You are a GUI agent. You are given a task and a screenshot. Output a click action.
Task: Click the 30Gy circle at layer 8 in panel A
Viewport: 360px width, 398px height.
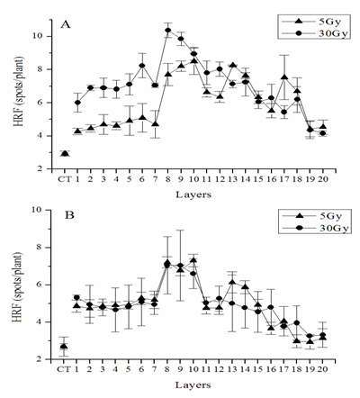click(168, 30)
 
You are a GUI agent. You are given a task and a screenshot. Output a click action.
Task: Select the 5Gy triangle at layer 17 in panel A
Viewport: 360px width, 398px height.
click(284, 77)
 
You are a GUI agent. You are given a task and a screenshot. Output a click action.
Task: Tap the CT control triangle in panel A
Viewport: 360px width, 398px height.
click(65, 154)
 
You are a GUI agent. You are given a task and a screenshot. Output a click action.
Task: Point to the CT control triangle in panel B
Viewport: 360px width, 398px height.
click(64, 347)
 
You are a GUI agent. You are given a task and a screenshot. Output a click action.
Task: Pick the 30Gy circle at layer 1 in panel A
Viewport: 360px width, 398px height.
click(77, 103)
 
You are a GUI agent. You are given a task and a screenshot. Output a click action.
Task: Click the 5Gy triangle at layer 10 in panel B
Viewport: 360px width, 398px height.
click(193, 260)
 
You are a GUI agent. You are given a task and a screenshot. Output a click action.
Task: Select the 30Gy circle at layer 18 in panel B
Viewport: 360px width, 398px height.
click(297, 323)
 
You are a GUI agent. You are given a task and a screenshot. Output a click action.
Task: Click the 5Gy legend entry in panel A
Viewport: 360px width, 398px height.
click(313, 22)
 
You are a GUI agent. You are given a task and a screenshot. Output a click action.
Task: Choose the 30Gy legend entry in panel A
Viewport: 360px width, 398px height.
click(313, 33)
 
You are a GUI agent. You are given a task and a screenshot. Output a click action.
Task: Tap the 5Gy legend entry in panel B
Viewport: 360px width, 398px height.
click(313, 216)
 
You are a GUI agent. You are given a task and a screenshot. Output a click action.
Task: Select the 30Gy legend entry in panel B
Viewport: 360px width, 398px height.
click(313, 229)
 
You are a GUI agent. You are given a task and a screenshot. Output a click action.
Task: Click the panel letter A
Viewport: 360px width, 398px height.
click(66, 24)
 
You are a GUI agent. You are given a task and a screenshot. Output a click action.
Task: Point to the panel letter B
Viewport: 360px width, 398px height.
click(69, 215)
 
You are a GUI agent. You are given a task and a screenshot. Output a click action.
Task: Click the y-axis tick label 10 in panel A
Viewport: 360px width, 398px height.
click(40, 36)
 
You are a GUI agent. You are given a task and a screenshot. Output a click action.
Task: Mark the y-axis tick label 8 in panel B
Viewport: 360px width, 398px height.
click(41, 248)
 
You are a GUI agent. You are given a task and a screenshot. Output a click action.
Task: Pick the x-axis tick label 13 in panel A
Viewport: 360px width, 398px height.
click(232, 179)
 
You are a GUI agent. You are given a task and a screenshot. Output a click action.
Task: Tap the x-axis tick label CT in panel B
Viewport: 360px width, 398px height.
click(64, 368)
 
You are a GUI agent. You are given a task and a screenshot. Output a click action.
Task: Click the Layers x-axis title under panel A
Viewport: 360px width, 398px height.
click(193, 194)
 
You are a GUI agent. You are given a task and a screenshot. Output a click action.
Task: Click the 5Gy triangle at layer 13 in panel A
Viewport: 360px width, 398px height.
click(232, 66)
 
